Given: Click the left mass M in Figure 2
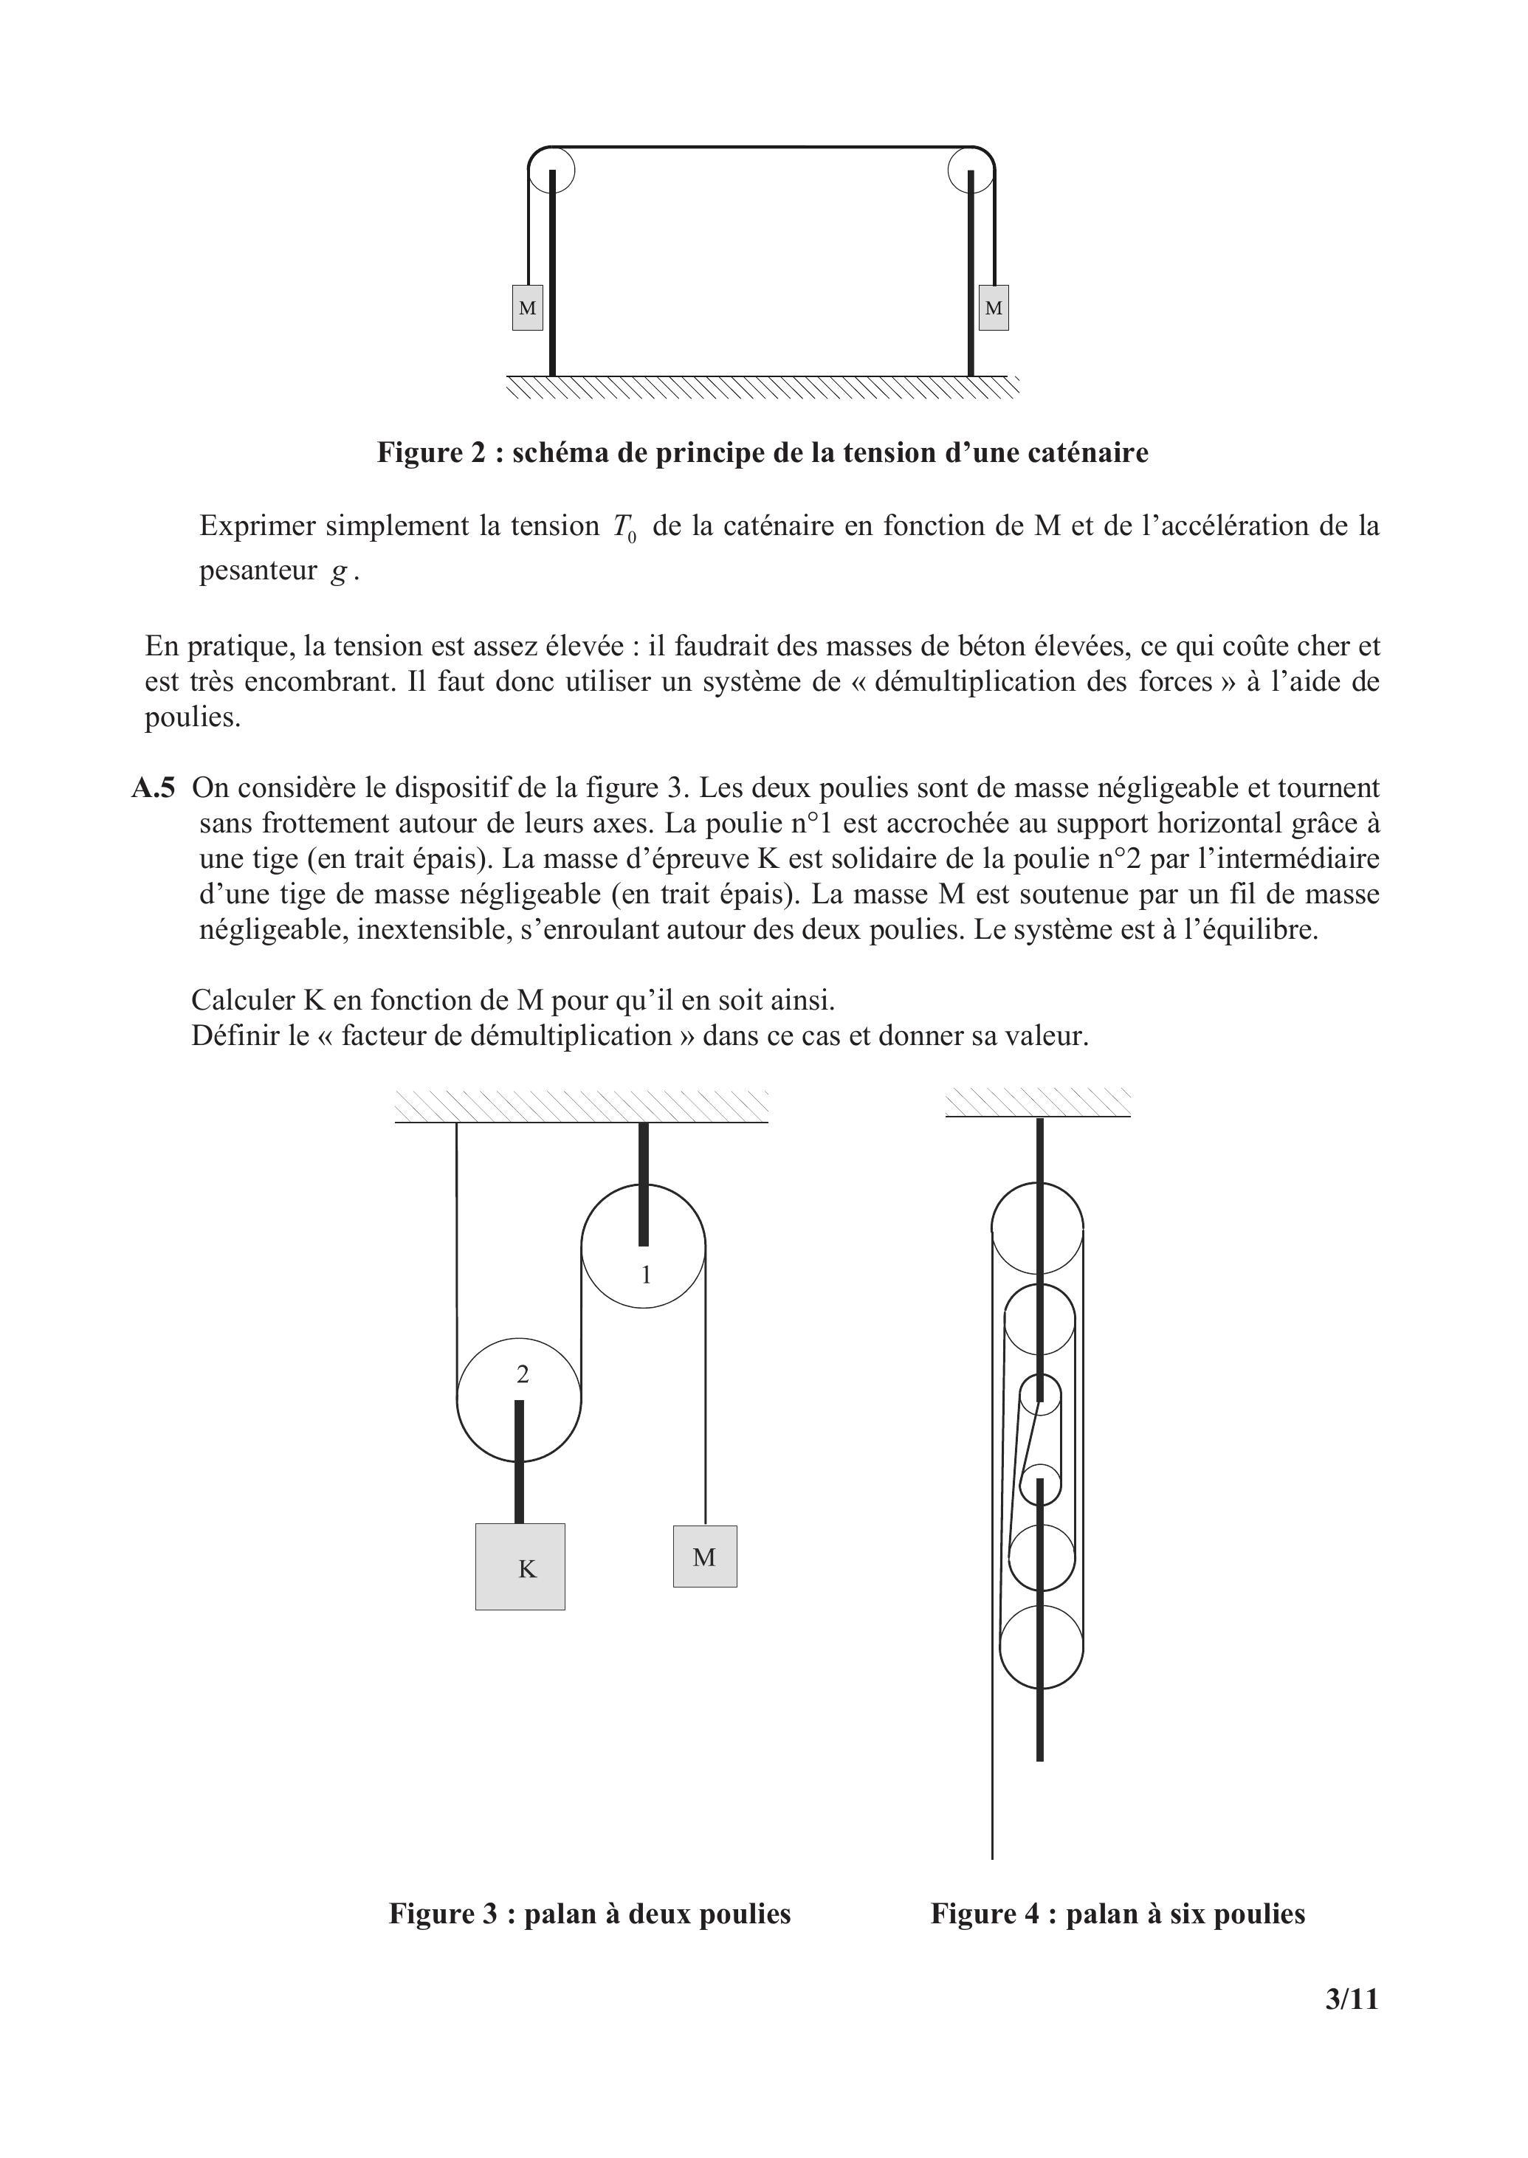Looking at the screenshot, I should coord(527,308).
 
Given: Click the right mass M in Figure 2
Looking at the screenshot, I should coord(994,308).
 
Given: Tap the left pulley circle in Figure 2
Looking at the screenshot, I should coord(551,171).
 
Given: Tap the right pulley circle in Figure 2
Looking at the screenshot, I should coord(971,171).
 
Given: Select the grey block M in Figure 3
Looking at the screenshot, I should coord(705,1557).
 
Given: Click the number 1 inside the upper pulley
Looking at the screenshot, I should coord(647,1275).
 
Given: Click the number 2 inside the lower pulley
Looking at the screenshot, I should coord(523,1376).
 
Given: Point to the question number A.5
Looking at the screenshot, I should coord(154,788).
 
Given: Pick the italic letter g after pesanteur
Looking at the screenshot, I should coord(339,572).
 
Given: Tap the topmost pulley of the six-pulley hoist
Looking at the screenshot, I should coord(1038,1227).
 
